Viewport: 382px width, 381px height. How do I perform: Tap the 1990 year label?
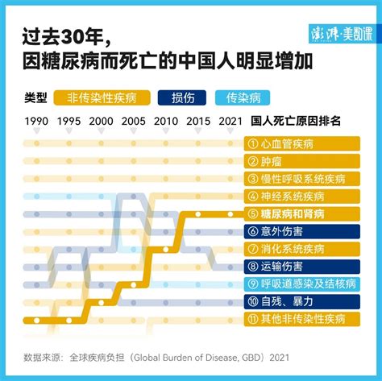coord(35,122)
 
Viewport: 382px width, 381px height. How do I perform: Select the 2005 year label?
coord(134,122)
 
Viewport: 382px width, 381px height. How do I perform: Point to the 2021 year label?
coord(230,122)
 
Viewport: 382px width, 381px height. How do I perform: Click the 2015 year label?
coord(198,122)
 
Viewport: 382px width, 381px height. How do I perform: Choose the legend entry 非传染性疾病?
coord(104,99)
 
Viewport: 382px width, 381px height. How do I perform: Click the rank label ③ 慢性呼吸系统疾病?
coord(301,179)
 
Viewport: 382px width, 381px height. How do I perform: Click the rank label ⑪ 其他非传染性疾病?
coord(301,319)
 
